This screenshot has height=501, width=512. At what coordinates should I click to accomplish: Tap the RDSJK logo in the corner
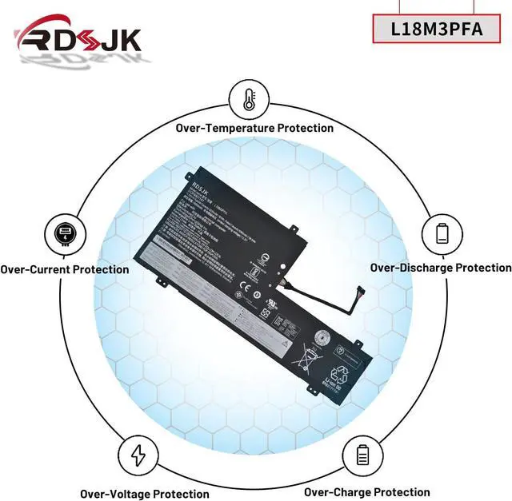point(78,38)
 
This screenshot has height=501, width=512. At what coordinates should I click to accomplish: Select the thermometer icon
point(249,99)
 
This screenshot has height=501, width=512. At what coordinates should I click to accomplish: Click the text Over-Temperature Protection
point(254,128)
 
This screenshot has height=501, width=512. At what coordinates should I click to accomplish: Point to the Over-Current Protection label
point(64,269)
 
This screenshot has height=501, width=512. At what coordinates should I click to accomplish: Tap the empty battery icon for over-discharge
point(442,233)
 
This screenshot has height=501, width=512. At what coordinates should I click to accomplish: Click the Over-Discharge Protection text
point(441,268)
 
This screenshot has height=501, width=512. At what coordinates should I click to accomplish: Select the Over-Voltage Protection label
point(144,494)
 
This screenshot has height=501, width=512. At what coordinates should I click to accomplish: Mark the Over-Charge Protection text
point(366,492)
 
